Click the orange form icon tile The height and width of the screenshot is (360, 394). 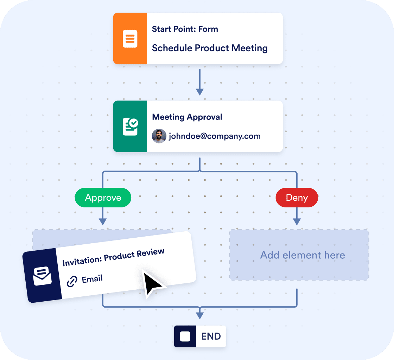(x=130, y=39)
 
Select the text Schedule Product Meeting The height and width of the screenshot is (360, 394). (x=210, y=48)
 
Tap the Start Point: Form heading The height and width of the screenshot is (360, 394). (x=185, y=29)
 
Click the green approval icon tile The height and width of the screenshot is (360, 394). (x=130, y=127)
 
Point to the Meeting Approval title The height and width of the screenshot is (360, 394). (x=187, y=117)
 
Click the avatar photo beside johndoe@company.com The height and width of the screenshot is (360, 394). (x=159, y=136)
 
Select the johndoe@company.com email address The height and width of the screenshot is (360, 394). (x=215, y=136)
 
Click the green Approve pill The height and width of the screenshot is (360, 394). (x=103, y=198)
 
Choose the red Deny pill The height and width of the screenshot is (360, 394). (x=297, y=198)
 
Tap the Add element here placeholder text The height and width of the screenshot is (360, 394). (x=303, y=255)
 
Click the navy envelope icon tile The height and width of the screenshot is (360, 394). (x=42, y=276)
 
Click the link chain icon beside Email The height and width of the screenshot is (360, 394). (x=72, y=282)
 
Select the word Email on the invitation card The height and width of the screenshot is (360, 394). (x=92, y=279)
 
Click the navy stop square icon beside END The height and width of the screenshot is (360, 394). (x=185, y=336)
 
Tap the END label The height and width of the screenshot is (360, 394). (x=211, y=336)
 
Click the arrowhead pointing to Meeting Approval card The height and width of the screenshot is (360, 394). (x=200, y=92)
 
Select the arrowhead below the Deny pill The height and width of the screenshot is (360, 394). (x=297, y=221)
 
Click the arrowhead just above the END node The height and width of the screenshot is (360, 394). (x=200, y=316)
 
